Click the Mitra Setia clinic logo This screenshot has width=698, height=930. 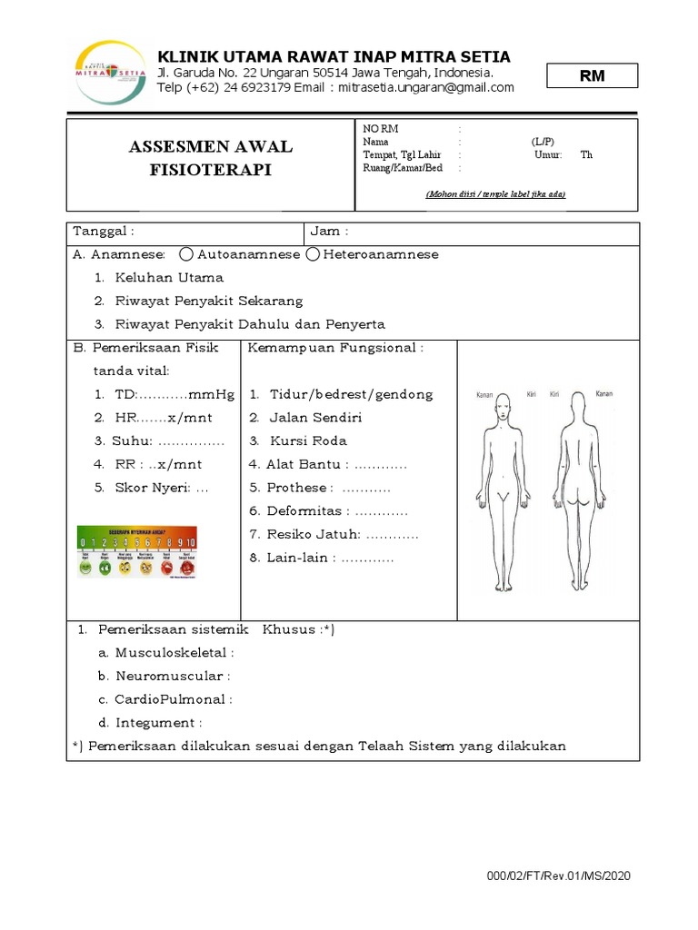(x=108, y=72)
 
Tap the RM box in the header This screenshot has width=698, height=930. (x=592, y=76)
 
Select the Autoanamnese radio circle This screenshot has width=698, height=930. (x=186, y=255)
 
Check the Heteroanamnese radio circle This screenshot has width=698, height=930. (x=313, y=255)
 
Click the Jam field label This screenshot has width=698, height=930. (x=330, y=232)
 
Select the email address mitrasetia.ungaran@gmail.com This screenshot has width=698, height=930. (x=426, y=88)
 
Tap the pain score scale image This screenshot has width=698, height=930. (x=136, y=552)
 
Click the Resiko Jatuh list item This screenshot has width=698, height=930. (x=333, y=535)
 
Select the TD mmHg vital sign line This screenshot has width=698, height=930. (x=164, y=394)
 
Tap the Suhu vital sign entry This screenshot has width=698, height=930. (x=159, y=440)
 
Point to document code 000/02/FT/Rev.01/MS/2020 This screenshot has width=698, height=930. (x=558, y=876)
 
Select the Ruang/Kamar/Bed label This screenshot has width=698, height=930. (x=402, y=167)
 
